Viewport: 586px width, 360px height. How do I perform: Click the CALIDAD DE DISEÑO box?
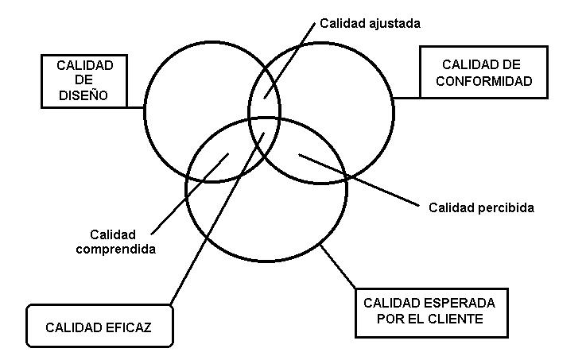(85, 81)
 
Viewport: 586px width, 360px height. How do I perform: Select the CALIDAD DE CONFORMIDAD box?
(483, 72)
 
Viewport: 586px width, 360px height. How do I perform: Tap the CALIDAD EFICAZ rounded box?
(99, 327)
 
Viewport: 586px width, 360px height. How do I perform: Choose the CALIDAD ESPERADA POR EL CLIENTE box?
(429, 312)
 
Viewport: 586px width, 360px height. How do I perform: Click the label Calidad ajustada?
(370, 24)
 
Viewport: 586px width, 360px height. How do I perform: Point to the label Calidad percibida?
(481, 208)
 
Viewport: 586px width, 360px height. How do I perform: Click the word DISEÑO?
(83, 95)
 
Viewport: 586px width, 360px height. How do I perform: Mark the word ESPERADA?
(461, 304)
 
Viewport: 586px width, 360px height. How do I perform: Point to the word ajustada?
(392, 24)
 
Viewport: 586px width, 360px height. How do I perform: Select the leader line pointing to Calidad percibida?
(358, 180)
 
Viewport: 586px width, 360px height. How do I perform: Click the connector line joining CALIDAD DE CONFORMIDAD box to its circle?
(406, 98)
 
